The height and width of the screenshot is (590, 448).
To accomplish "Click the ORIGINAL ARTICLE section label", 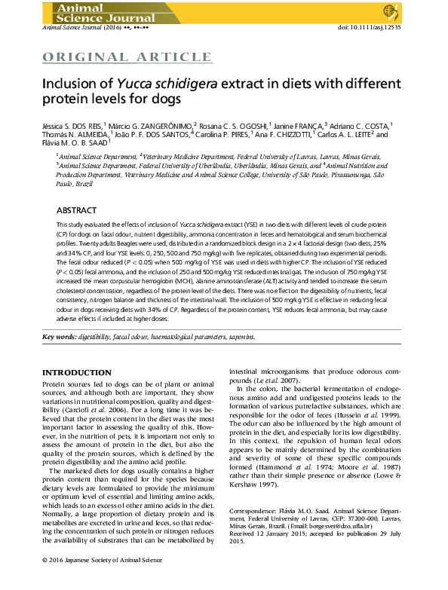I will [126, 57].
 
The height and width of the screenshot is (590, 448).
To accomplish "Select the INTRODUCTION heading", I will [76, 373].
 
